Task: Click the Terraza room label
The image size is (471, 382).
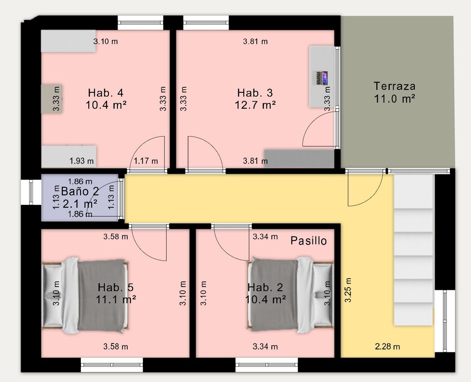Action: [394, 86]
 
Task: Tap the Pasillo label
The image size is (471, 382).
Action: [308, 241]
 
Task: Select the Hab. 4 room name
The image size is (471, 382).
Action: [106, 93]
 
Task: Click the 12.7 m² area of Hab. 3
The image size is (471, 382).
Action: [255, 105]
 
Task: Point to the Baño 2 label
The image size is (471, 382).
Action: [80, 191]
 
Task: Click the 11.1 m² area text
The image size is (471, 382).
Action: [116, 299]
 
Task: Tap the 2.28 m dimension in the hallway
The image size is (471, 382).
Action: [387, 346]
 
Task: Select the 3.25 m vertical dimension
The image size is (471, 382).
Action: [348, 290]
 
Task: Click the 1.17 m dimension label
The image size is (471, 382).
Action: [146, 161]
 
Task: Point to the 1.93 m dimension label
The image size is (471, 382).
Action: [82, 161]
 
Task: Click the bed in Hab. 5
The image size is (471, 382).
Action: [85, 296]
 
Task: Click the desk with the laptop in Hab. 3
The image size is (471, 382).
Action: [322, 77]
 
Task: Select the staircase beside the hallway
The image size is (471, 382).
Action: [413, 250]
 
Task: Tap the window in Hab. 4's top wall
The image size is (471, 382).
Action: [140, 23]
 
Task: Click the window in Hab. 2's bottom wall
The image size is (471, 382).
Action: [267, 365]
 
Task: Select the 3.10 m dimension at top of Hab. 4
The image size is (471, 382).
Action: [106, 41]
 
